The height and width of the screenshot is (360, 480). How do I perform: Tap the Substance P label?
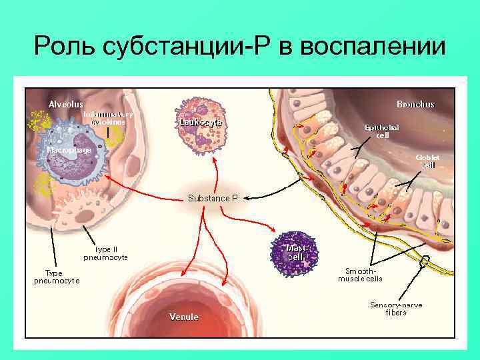click(213, 198)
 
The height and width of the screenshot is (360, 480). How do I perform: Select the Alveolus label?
click(65, 104)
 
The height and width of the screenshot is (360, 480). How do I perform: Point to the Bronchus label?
click(415, 104)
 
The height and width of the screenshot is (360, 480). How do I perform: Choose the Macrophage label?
click(69, 150)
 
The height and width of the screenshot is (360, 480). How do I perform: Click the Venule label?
click(183, 317)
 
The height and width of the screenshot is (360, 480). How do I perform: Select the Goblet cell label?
click(427, 161)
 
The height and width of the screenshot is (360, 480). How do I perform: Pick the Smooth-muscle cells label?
click(360, 275)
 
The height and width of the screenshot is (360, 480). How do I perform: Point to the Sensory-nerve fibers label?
click(396, 309)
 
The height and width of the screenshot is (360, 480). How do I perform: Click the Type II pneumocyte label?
click(105, 253)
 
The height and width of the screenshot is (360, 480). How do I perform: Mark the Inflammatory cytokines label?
click(108, 118)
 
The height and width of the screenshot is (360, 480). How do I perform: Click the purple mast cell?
click(295, 251)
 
